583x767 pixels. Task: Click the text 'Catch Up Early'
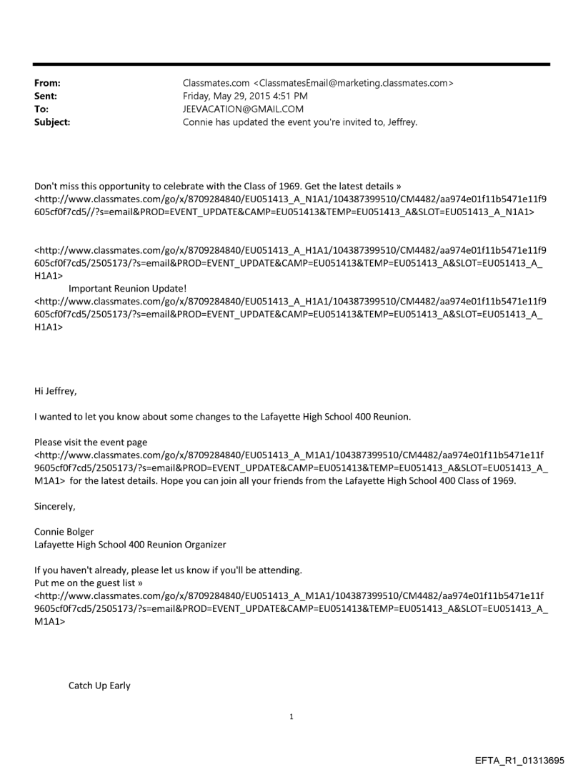pos(99,686)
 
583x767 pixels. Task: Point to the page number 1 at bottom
pos(291,716)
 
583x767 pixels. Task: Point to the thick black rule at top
pos(291,64)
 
